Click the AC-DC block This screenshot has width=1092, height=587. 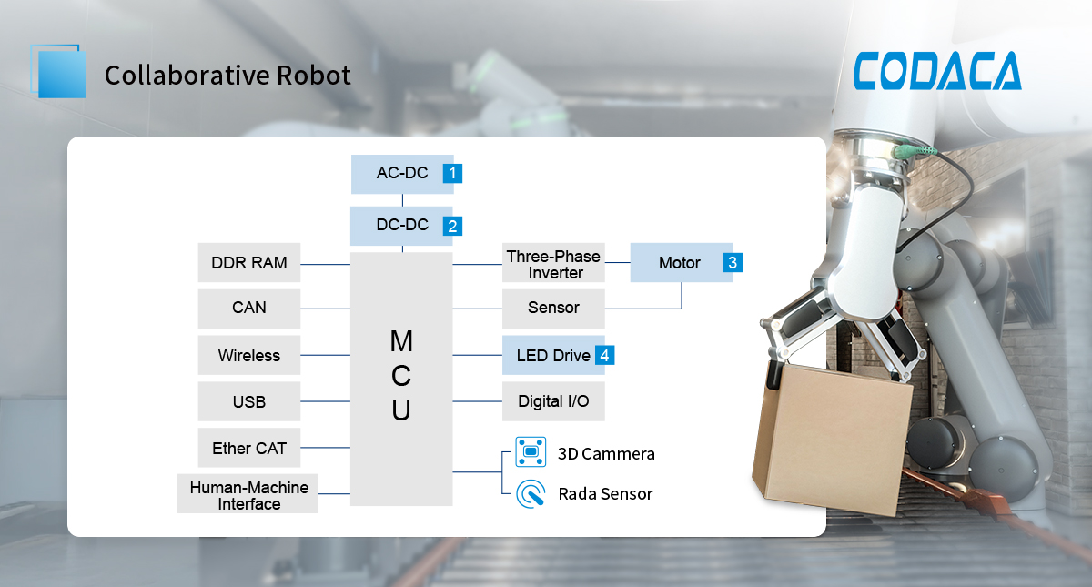[401, 173]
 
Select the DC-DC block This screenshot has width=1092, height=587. [401, 225]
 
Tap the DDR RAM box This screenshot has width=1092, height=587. [248, 263]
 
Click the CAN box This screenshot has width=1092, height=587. [248, 309]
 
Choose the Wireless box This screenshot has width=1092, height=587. [248, 355]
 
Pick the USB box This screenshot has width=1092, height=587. [248, 401]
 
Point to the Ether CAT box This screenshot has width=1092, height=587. [248, 448]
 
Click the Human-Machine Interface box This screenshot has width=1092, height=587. [248, 495]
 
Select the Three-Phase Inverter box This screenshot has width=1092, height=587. [553, 264]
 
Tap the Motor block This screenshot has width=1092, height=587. [680, 263]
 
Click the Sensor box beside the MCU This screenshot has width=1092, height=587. [553, 309]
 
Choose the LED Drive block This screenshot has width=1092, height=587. [552, 355]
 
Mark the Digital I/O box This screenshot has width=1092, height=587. [553, 401]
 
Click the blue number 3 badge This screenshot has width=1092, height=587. [733, 263]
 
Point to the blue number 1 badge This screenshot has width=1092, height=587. [452, 173]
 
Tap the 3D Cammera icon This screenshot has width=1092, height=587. [530, 451]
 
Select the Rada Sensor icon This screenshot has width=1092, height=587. [530, 493]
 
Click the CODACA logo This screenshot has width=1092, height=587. [937, 71]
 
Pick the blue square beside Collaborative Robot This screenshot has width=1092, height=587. [61, 74]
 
